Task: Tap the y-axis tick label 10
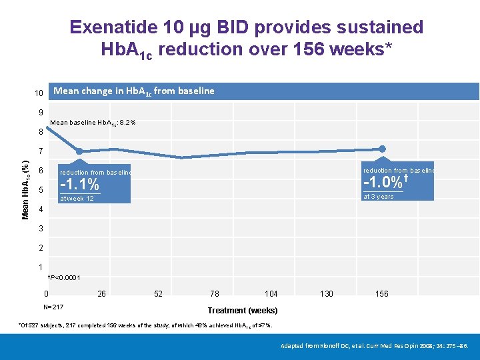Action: pos(39,93)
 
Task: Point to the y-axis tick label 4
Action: pos(41,209)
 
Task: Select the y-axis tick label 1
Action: pos(41,267)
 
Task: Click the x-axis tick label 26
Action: pos(101,294)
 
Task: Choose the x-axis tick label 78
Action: pos(214,294)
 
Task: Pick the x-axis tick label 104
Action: pos(271,294)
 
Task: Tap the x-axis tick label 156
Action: pos(382,294)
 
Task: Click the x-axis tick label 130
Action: pos(327,294)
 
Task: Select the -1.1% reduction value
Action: pos(79,185)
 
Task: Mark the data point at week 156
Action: pos(383,149)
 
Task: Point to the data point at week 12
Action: pos(79,151)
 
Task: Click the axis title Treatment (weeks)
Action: pos(243,311)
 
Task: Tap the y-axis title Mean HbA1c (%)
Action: pos(25,189)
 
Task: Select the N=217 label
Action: pos(53,307)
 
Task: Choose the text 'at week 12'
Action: pos(77,199)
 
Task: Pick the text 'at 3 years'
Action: pos(378,197)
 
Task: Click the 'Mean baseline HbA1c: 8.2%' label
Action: pos(93,123)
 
